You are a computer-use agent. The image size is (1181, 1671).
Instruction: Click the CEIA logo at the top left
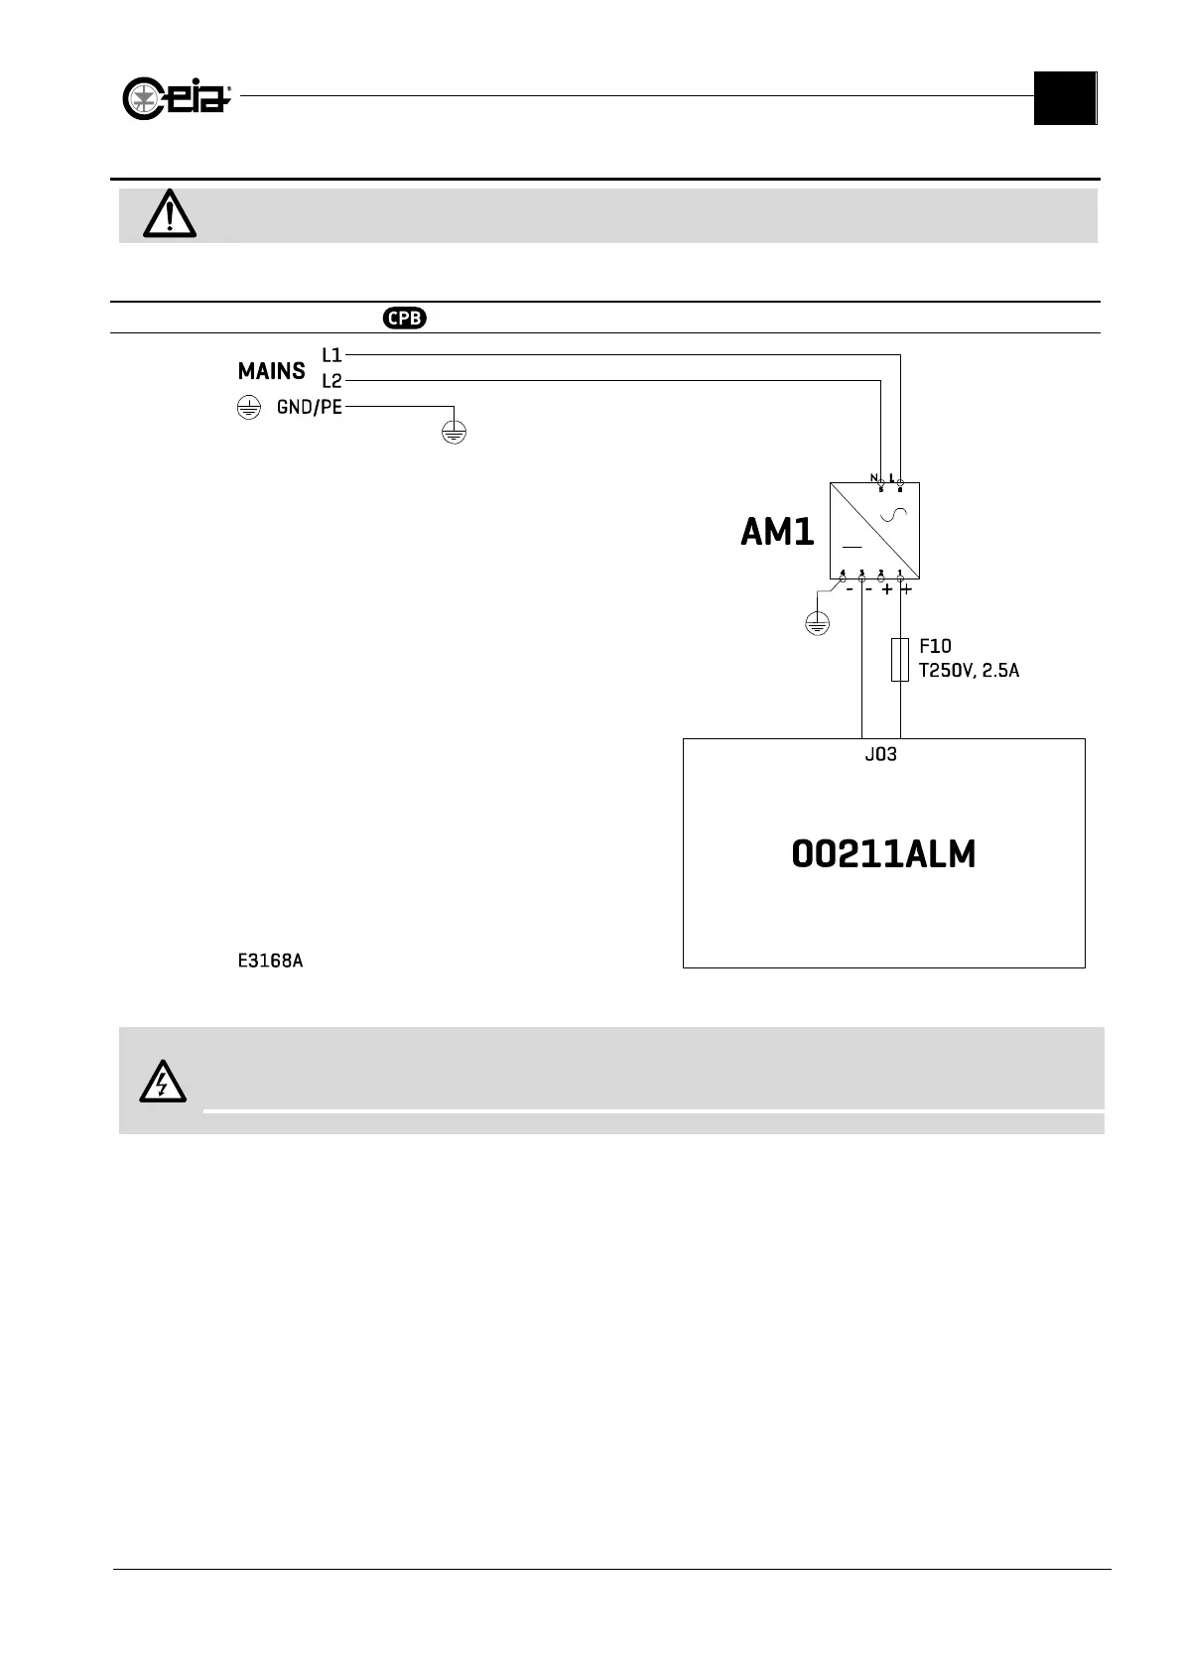click(x=177, y=99)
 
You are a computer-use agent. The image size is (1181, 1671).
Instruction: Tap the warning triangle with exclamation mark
click(x=170, y=213)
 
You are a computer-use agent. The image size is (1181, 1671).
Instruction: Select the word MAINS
click(x=271, y=372)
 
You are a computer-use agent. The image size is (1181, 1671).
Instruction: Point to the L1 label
click(x=331, y=354)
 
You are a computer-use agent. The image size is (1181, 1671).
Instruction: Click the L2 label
click(x=331, y=380)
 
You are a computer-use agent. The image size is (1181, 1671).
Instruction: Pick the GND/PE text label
click(x=309, y=407)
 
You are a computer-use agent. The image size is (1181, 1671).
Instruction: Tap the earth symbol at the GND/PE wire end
click(x=454, y=432)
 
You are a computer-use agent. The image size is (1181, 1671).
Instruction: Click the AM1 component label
click(x=777, y=534)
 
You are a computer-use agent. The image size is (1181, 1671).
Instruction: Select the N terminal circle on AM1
click(x=881, y=483)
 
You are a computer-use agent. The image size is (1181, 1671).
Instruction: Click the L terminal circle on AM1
click(x=900, y=483)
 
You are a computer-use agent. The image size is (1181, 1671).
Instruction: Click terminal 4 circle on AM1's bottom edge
click(x=843, y=578)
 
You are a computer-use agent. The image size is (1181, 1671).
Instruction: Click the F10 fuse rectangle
click(x=900, y=659)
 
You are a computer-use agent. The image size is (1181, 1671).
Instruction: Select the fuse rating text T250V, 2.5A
click(x=969, y=671)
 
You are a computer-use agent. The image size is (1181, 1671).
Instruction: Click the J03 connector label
click(x=880, y=754)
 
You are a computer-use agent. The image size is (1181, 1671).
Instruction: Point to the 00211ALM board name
click(x=883, y=854)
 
